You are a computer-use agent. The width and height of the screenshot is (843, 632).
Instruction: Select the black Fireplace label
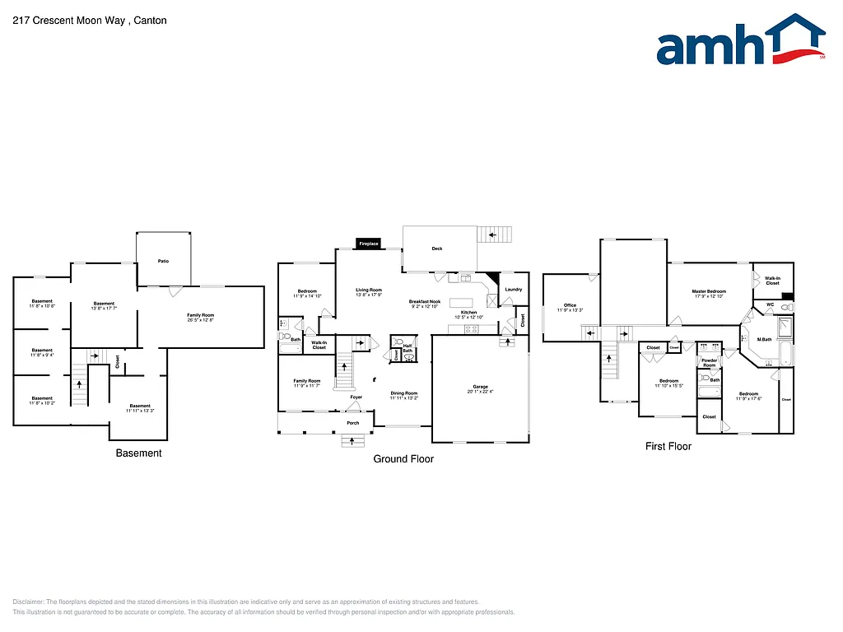[368, 244]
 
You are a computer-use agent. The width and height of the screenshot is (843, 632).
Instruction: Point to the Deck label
[437, 249]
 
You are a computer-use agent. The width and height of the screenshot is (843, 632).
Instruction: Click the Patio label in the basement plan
[163, 261]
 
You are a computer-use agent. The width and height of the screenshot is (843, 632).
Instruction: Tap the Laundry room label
[513, 290]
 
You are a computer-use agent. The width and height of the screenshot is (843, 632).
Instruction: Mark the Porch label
[352, 423]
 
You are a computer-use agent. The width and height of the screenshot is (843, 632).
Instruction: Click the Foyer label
[356, 397]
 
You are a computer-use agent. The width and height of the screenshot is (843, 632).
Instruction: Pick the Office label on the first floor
[570, 307]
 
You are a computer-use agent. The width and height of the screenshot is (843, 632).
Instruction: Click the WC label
[770, 304]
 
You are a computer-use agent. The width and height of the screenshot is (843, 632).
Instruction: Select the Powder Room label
[709, 362]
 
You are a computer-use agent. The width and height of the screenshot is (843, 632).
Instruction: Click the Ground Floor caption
[403, 459]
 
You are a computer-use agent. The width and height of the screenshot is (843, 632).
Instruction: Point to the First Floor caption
[668, 447]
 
